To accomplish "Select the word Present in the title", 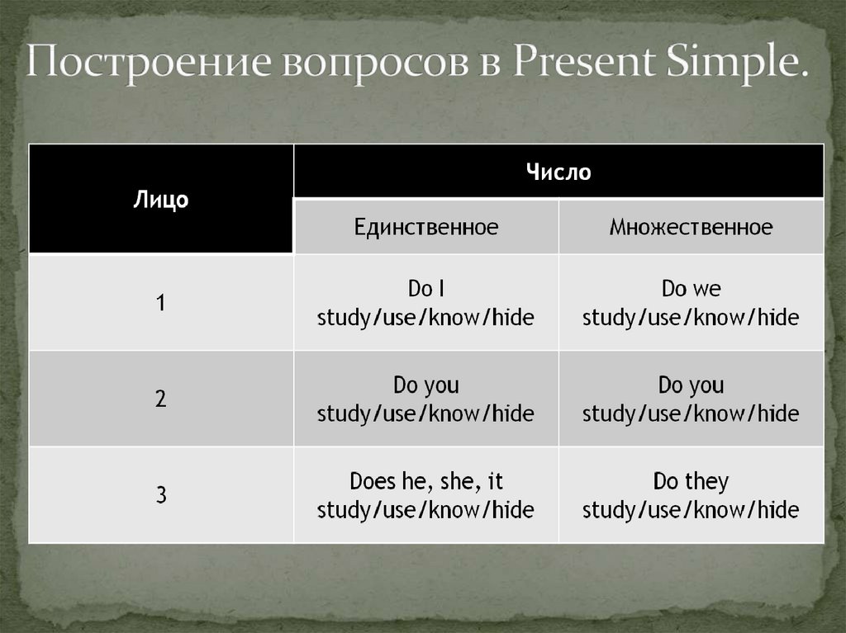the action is tap(583, 60).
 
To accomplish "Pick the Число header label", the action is tap(558, 172).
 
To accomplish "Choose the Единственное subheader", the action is tap(426, 227).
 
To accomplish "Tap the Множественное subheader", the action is tap(692, 227).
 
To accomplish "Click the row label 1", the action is tap(161, 303).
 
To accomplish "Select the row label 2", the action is tap(161, 399).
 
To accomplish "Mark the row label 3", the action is tap(161, 495).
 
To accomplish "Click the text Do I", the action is tap(426, 289).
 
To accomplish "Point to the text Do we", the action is tap(692, 289).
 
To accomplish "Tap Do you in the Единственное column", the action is tap(426, 385).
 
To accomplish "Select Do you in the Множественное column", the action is tap(692, 385).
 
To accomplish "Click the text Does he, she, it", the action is tap(426, 481).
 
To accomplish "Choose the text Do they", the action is tap(692, 481).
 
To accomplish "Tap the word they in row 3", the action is tap(707, 481).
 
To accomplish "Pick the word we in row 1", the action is tap(707, 290).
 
